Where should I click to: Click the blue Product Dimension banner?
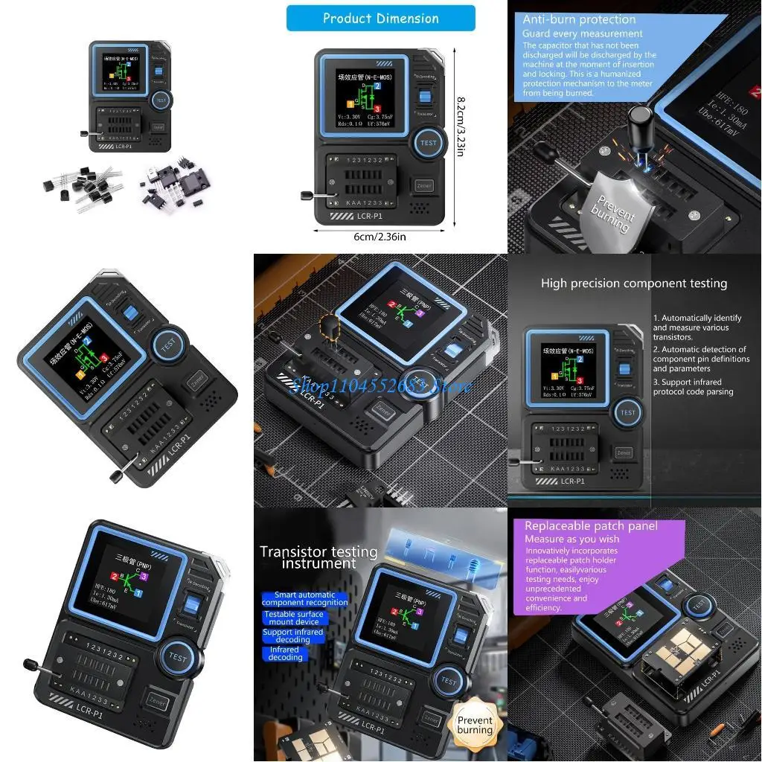380,18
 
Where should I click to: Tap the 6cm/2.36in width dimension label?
380,237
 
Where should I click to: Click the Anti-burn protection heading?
579,20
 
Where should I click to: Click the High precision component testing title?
634,284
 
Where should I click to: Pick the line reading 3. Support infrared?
693,382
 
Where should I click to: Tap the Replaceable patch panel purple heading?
591,526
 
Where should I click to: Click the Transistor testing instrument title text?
318,557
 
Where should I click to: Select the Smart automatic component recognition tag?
305,598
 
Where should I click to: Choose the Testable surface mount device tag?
294,618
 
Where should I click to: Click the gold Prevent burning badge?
475,725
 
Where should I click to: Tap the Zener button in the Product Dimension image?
424,185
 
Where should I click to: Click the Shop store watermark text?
381,385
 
